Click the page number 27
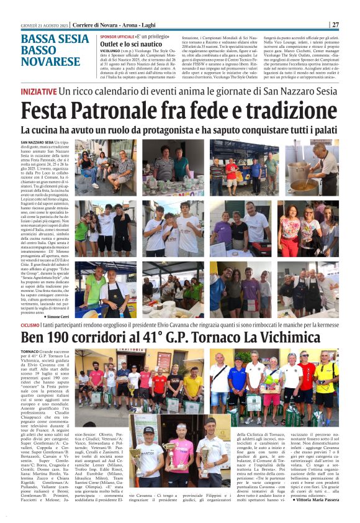(335, 25)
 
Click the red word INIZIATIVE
(38, 91)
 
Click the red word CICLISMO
(30, 324)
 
